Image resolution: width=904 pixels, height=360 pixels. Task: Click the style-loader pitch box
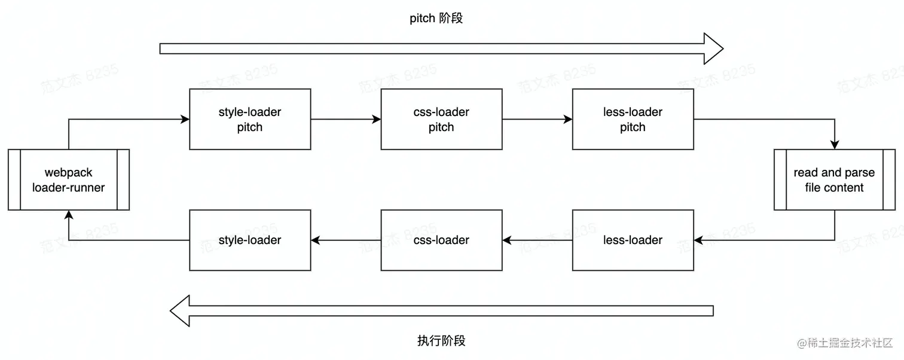coord(250,119)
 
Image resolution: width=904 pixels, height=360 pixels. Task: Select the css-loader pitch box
coord(441,119)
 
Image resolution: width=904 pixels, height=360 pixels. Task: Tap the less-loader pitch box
coord(633,119)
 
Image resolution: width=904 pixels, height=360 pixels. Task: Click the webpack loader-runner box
coord(69,180)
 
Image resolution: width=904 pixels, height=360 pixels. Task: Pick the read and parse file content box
coord(834,180)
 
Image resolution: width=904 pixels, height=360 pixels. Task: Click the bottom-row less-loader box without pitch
coord(633,240)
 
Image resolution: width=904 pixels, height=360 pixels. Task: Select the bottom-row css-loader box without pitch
coord(441,240)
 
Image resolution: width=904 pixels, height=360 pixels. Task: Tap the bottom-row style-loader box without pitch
coord(250,240)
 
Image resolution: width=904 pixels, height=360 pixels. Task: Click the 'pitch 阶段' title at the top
coord(436,19)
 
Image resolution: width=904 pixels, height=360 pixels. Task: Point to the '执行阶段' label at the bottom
coord(441,341)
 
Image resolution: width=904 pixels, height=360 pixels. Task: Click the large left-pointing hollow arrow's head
coord(181,311)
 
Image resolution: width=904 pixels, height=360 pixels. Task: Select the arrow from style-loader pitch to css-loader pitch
coord(346,120)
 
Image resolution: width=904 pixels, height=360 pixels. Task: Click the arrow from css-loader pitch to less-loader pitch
coord(537,120)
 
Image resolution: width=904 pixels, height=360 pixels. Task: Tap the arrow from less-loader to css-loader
coord(537,240)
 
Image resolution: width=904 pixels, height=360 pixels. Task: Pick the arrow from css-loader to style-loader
coord(346,240)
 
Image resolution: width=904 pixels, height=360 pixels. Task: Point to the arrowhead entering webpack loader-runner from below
coord(69,215)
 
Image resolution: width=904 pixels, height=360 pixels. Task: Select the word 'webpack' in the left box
coord(69,173)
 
